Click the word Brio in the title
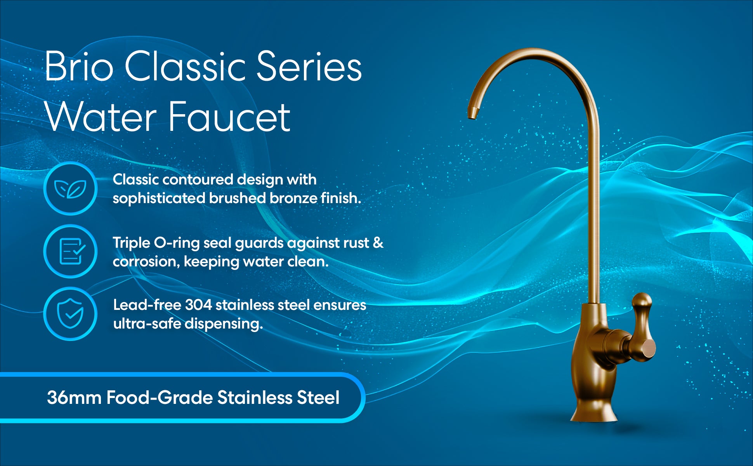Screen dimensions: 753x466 coord(79,66)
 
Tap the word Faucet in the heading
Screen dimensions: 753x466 coord(230,116)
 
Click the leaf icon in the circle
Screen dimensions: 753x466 coord(70,189)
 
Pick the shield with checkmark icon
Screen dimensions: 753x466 coord(70,314)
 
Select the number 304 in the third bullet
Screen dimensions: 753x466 coord(198,305)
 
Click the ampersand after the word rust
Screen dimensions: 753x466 coord(378,243)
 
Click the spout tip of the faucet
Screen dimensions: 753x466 coord(472,114)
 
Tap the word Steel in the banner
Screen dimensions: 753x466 coord(318,398)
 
